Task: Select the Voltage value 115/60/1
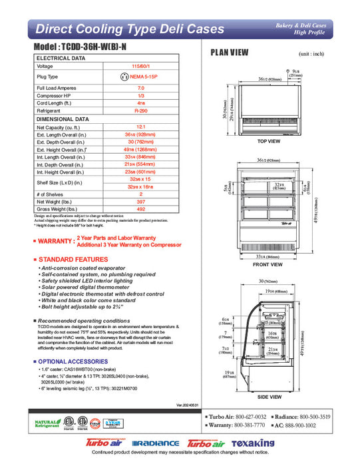141,67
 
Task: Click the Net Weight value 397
141,201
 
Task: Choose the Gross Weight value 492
141,208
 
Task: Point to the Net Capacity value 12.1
141,126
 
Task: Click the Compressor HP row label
53,96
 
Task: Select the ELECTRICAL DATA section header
61,59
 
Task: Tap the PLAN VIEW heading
230,53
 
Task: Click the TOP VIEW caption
268,142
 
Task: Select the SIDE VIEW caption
268,397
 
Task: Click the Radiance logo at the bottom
156,443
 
